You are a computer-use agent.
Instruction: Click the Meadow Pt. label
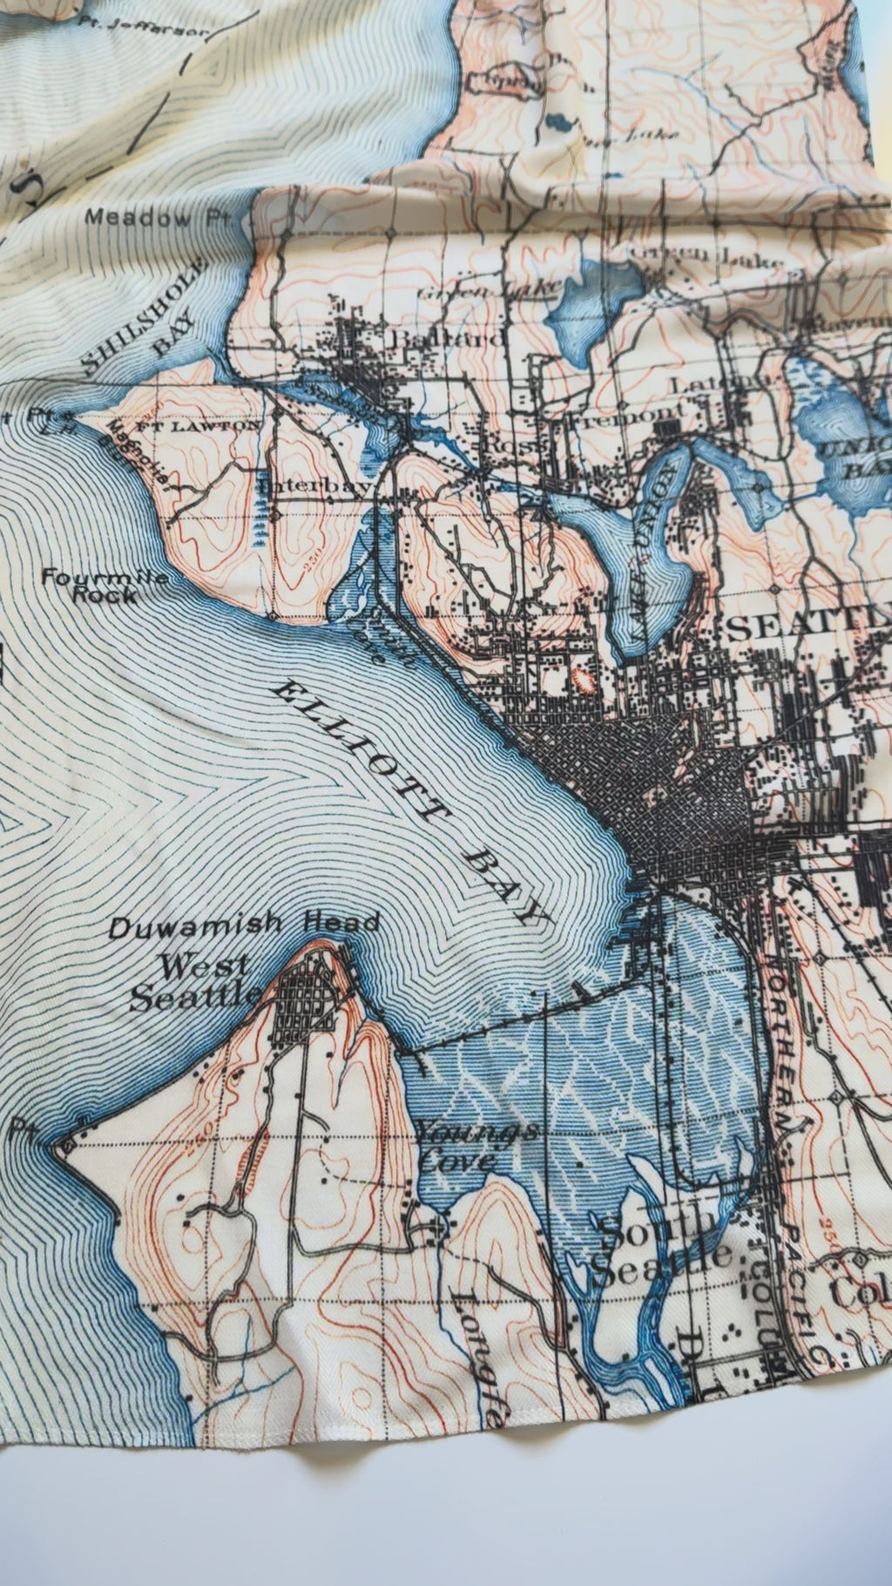156,218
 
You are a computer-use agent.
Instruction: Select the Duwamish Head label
244,926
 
